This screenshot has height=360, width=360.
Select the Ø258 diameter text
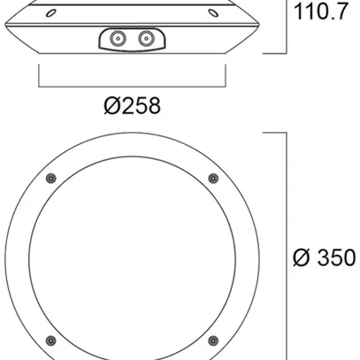pos(131,106)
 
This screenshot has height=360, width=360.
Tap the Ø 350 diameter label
pos(324,258)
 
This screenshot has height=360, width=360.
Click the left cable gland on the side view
pos(117,38)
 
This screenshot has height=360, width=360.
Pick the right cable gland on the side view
pos(143,38)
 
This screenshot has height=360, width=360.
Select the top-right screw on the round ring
pos(212,180)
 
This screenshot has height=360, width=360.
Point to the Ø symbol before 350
pos(301,258)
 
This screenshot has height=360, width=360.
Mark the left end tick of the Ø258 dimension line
pos(40,76)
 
